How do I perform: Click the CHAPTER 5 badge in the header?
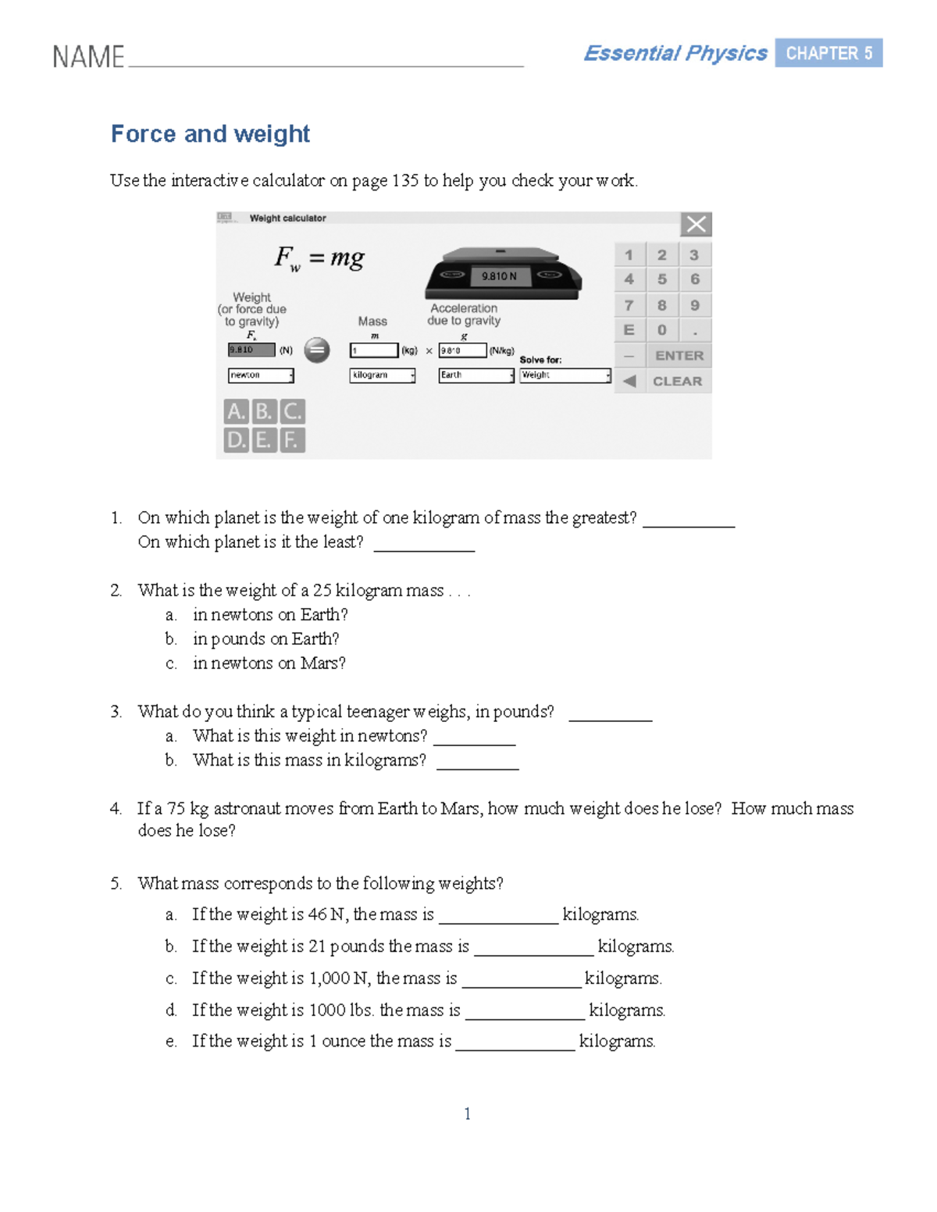point(828,53)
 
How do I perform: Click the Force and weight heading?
point(210,134)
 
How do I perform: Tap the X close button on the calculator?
point(696,225)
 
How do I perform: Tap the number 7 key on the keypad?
point(629,305)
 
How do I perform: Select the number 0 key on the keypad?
point(661,330)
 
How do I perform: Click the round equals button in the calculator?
point(316,350)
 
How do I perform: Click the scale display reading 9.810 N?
point(499,276)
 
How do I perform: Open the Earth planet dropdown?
point(476,375)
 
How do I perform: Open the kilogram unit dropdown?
point(382,375)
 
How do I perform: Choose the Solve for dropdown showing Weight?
point(565,375)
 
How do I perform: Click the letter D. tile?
point(235,440)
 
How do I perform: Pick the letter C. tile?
point(292,411)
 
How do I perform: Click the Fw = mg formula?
point(319,258)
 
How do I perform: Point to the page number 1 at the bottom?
point(467,1114)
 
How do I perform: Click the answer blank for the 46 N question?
point(498,915)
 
